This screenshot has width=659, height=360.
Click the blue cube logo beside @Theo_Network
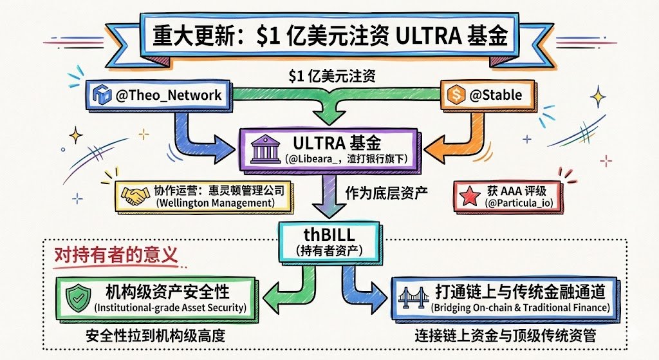coord(102,96)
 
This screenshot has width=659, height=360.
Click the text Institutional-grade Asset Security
coord(171,307)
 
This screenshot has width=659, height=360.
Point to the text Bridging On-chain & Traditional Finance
coord(520,307)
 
